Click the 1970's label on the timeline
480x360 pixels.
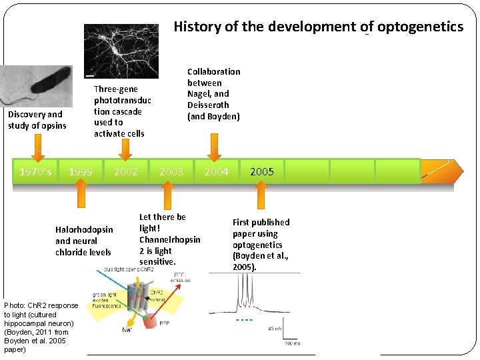point(36,172)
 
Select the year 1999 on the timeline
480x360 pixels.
point(81,172)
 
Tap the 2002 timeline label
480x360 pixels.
point(126,172)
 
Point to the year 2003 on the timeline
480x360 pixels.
point(171,172)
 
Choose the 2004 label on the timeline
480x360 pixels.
point(217,172)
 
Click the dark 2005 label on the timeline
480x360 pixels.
point(262,172)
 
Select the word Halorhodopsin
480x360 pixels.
point(84,230)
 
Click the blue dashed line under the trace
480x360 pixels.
point(245,320)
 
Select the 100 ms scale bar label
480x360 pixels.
point(292,343)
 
